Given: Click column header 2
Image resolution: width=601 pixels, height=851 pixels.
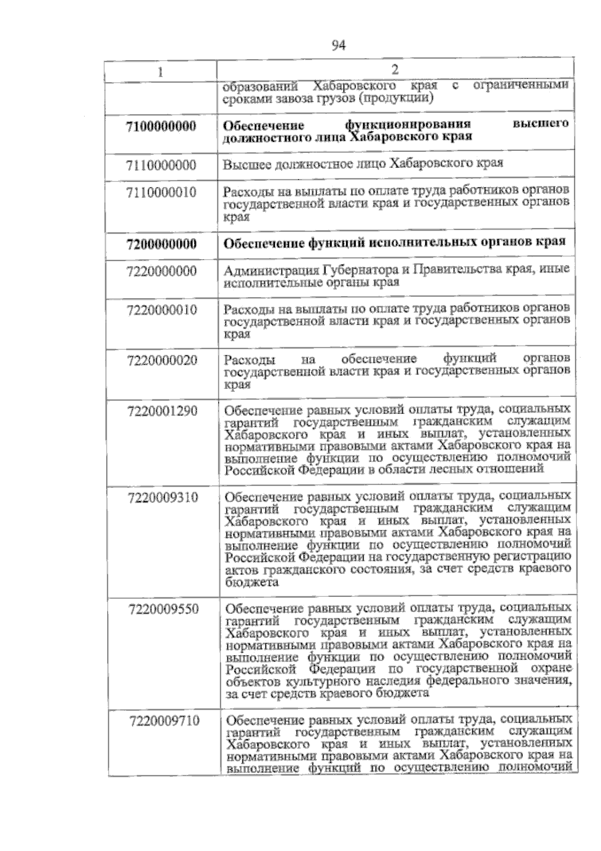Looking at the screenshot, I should (x=395, y=69).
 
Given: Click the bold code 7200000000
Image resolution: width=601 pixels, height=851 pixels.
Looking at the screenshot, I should (x=162, y=245).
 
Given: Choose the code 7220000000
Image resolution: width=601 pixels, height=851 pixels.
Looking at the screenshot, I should (x=162, y=272).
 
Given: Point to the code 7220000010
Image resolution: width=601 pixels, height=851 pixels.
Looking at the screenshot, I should (x=162, y=309).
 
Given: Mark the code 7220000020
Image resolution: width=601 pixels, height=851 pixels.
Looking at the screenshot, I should (x=162, y=360).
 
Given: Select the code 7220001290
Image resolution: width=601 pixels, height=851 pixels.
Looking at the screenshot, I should (x=163, y=411).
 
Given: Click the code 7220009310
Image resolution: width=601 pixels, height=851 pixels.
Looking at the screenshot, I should (x=163, y=498).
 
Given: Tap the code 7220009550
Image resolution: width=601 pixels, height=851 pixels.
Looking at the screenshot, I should (x=164, y=609).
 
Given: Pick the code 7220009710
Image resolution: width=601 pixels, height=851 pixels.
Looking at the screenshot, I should (x=164, y=721).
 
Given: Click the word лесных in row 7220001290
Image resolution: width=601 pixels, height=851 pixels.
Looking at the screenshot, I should (x=460, y=470).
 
